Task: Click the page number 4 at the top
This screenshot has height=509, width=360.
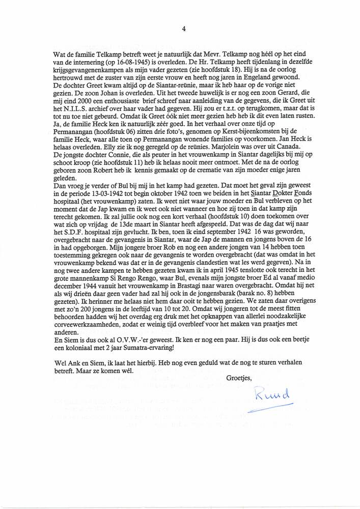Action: [183, 29]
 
